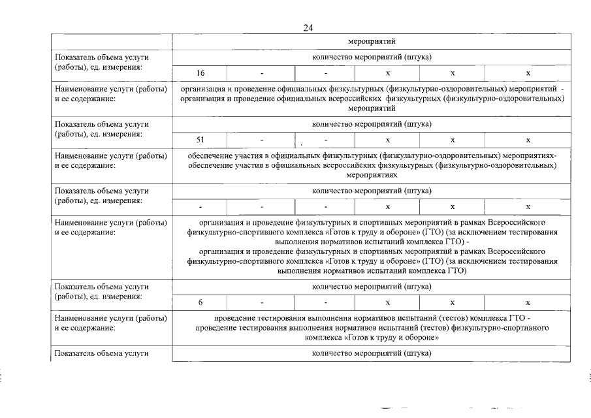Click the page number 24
click(x=308, y=27)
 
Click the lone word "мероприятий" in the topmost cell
click(x=372, y=41)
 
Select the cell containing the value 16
click(x=200, y=72)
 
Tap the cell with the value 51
click(x=200, y=140)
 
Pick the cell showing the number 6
click(x=200, y=302)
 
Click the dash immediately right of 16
click(x=261, y=72)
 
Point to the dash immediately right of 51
click(x=261, y=140)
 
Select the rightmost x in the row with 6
click(x=528, y=302)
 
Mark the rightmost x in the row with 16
click(x=528, y=72)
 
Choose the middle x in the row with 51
click(x=452, y=140)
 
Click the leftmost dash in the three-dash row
click(x=200, y=207)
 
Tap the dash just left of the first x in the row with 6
click(x=325, y=302)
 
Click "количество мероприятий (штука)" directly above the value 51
click(x=372, y=124)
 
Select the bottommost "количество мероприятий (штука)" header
click(x=372, y=353)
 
